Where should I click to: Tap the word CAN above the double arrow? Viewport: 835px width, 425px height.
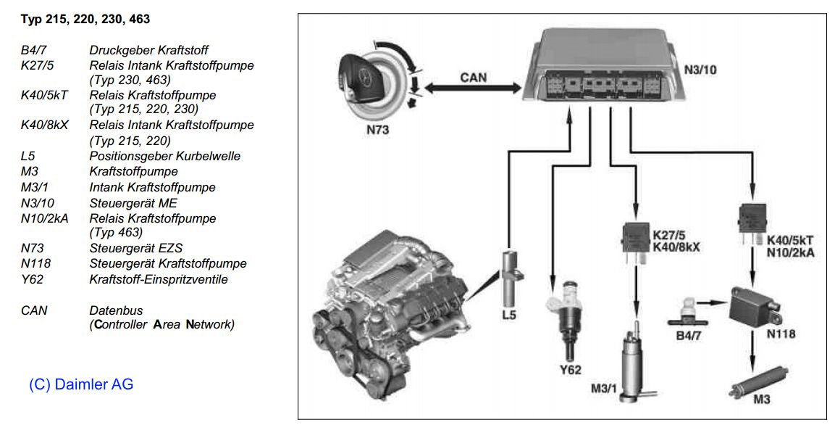[474, 76]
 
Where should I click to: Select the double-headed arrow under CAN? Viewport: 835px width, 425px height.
[473, 88]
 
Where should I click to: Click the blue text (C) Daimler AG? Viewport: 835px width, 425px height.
[81, 384]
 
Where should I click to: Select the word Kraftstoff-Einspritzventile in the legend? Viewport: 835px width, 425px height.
[169, 279]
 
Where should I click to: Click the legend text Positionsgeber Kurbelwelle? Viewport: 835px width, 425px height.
[165, 156]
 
